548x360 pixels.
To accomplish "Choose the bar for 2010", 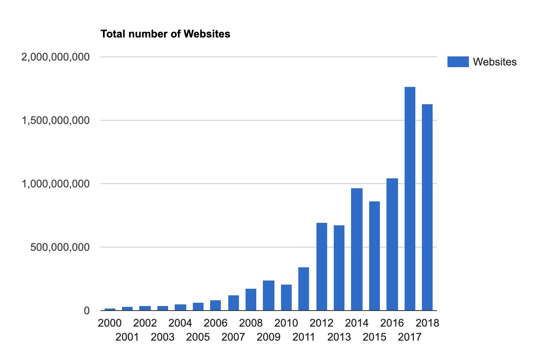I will (286, 297).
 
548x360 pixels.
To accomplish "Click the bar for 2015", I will (375, 256).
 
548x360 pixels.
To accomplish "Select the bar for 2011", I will (304, 289).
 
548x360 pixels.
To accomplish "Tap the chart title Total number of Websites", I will (165, 34).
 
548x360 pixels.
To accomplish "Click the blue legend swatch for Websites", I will (458, 62).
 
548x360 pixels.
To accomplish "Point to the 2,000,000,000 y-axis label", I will (55, 57).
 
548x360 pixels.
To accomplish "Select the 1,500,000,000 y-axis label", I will (55, 121).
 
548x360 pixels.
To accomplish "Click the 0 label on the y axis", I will (87, 311).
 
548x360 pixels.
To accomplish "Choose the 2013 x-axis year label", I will (339, 337).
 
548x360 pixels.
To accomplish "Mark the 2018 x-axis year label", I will (427, 323).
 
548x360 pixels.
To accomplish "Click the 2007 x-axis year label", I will (233, 337).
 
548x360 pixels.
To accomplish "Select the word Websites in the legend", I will (495, 62).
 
